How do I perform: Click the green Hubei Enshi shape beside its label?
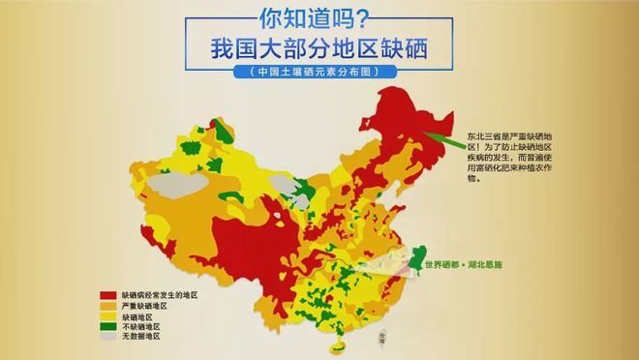(x=418, y=256)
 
